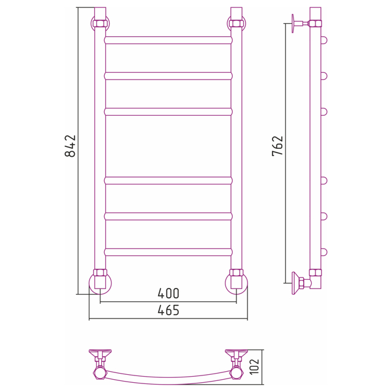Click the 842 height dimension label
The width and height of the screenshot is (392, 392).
click(x=70, y=146)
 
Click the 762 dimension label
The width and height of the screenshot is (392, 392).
click(x=277, y=146)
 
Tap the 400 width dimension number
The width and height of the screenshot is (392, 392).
click(x=168, y=293)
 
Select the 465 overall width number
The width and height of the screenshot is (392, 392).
click(x=168, y=311)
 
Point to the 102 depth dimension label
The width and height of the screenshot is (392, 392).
click(x=255, y=367)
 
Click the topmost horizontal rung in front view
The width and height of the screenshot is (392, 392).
click(x=168, y=40)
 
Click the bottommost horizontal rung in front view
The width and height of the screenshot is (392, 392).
click(x=168, y=252)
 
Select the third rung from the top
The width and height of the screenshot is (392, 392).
click(x=168, y=111)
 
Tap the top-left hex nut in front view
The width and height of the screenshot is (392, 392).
click(x=100, y=23)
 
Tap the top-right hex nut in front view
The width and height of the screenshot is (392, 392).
click(x=236, y=23)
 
